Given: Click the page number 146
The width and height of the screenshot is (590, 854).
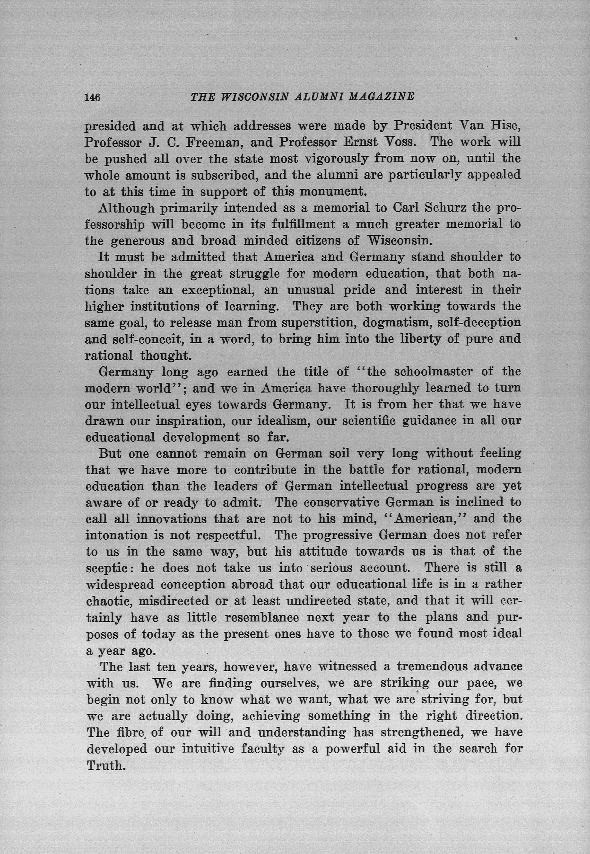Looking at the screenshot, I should [92, 97].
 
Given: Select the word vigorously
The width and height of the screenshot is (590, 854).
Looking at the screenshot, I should [336, 159].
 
